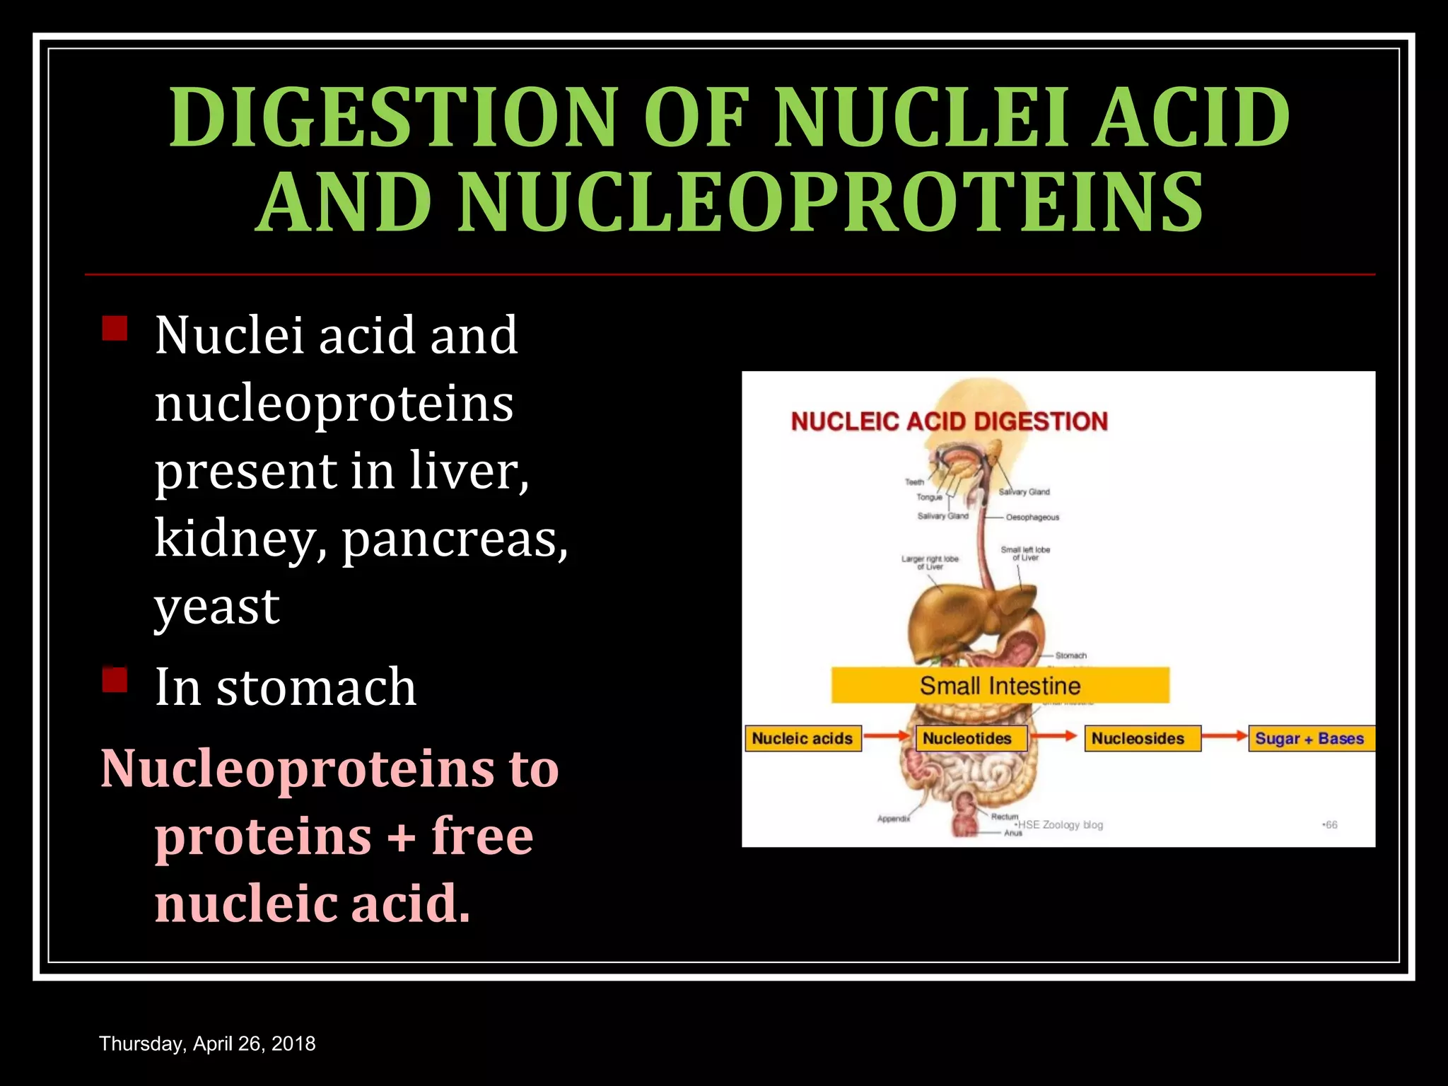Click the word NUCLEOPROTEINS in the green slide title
click(x=831, y=202)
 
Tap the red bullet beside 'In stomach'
click(x=115, y=680)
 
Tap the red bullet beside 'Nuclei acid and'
click(x=115, y=329)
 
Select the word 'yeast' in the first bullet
click(x=217, y=606)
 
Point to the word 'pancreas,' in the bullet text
click(x=455, y=539)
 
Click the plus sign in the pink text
click(x=402, y=836)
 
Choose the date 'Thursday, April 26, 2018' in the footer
click(x=207, y=1044)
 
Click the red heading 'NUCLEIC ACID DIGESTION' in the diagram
click(x=949, y=421)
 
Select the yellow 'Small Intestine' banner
click(x=1000, y=685)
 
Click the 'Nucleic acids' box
click(x=802, y=738)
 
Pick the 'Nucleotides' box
click(x=967, y=738)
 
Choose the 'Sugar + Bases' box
click(x=1309, y=738)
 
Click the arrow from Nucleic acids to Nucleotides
click(x=887, y=737)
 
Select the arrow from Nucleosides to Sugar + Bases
click(x=1224, y=737)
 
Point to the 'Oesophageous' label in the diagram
click(x=1032, y=518)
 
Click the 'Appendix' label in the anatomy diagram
click(x=894, y=819)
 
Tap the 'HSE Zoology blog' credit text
click(x=1060, y=825)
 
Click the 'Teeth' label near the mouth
click(x=914, y=482)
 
